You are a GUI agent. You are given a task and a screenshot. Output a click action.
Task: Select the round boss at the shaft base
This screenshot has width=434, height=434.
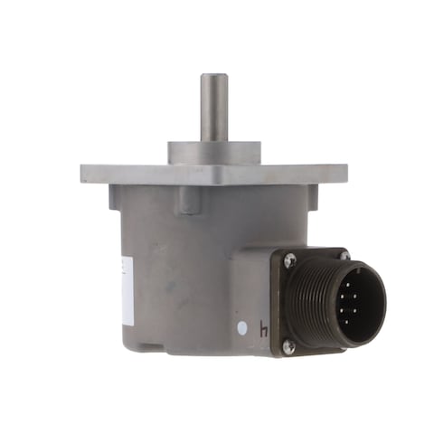point(213,152)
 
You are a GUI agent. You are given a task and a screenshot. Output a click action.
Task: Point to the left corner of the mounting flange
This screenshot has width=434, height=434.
point(87,174)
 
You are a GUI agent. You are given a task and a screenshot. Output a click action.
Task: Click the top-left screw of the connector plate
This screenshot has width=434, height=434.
point(290,260)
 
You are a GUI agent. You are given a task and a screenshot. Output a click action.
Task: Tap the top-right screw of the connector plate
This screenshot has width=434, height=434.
point(344,256)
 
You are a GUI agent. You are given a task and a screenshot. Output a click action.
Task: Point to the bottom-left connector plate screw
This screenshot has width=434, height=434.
point(288,344)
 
